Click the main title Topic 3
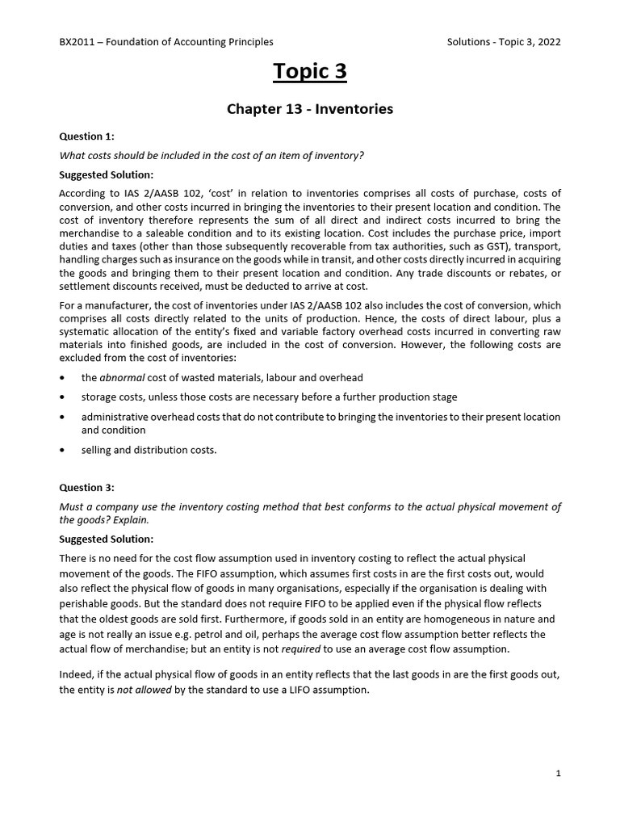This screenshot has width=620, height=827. (310, 72)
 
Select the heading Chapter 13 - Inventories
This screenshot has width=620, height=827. (310, 109)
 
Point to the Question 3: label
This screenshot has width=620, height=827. (87, 487)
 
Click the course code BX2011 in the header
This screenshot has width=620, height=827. (78, 42)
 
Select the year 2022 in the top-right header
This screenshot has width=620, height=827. (547, 42)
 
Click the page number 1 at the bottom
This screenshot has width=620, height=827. (558, 773)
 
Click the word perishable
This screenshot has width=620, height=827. (86, 604)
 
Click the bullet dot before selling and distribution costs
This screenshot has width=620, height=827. (63, 451)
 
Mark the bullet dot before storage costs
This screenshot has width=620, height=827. (63, 397)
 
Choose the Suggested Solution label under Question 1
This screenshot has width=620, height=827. (107, 174)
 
